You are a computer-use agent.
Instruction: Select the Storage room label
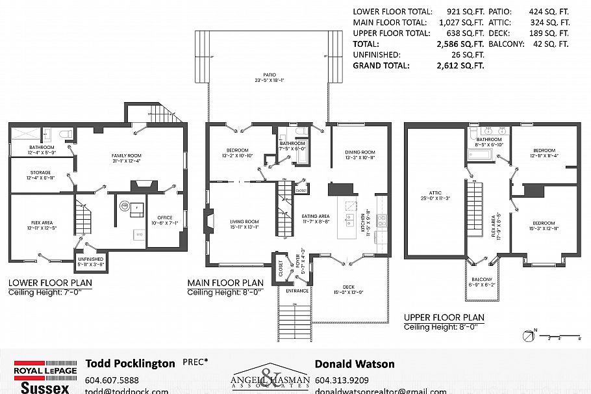40,175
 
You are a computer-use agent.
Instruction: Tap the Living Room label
244,224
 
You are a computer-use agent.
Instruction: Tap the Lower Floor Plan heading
50,283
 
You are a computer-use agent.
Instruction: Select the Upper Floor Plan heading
444,318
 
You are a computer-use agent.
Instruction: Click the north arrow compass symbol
527,335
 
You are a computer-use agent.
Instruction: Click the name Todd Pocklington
131,364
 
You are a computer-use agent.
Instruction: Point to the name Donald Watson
355,364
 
